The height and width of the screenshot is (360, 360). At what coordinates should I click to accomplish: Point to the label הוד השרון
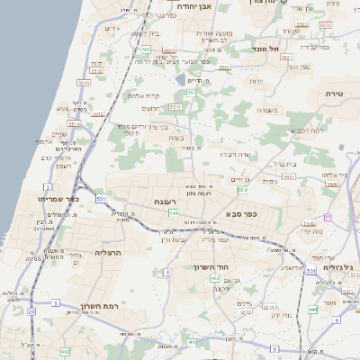point(211,267)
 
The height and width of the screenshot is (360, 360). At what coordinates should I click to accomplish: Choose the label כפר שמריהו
point(58,198)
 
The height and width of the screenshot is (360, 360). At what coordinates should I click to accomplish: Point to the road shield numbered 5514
point(288,57)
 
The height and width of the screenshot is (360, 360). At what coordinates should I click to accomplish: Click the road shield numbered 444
point(313,309)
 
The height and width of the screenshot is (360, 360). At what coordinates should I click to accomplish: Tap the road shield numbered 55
point(328,217)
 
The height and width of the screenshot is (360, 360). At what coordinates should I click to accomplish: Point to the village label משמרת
point(265,111)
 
